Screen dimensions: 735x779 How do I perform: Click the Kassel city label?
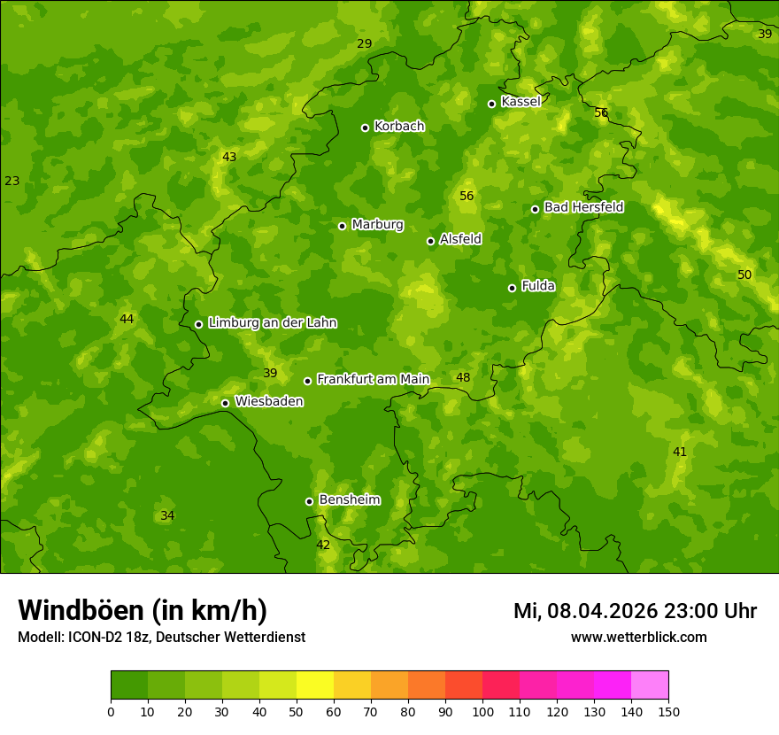521,102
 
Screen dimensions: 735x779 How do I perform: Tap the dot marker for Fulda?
512,288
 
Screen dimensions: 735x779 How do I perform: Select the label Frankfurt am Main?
373,379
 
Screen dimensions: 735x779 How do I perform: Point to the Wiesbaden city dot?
225,403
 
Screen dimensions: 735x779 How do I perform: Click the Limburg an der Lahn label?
272,323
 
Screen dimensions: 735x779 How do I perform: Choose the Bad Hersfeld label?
583,207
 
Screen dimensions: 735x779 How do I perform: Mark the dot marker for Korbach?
365,128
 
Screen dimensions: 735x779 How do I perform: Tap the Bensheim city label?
349,499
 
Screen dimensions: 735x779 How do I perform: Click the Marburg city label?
377,225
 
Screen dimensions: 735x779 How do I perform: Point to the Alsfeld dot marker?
430,241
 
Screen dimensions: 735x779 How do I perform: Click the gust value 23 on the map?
12,181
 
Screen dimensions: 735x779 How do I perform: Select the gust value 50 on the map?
744,275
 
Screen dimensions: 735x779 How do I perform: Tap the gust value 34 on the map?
167,515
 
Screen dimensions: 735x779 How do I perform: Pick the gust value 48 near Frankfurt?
463,377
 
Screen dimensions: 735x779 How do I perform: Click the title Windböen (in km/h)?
143,610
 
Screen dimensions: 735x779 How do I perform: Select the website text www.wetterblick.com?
638,637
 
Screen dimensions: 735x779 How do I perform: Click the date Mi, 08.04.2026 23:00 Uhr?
635,611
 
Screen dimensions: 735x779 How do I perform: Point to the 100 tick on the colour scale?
482,710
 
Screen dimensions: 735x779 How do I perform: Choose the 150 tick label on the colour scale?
668,710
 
